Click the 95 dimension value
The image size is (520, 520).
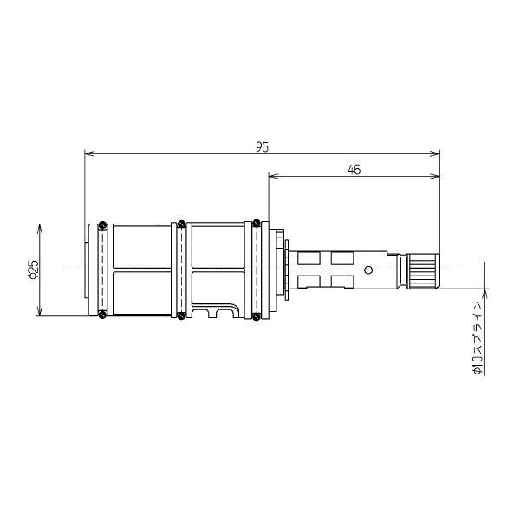click(262, 147)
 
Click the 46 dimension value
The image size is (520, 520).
click(354, 170)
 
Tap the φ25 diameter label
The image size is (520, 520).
click(34, 270)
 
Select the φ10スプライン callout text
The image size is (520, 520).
click(478, 338)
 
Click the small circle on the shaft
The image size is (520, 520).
click(367, 270)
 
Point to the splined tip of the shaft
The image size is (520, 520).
click(424, 270)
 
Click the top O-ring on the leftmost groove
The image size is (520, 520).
click(103, 225)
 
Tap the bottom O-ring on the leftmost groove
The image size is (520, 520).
click(103, 314)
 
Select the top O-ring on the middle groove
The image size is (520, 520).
click(181, 224)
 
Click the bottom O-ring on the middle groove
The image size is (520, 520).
click(181, 315)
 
